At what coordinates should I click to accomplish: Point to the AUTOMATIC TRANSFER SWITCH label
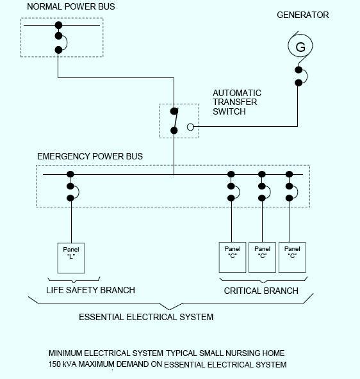[237, 102]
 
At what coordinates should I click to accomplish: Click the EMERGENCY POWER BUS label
[90, 156]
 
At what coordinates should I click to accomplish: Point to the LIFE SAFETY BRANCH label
[91, 290]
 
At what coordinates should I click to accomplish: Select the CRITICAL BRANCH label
[261, 291]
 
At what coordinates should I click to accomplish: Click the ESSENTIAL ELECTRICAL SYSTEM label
[146, 317]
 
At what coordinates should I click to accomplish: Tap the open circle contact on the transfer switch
[190, 127]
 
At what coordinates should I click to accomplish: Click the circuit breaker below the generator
[299, 76]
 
